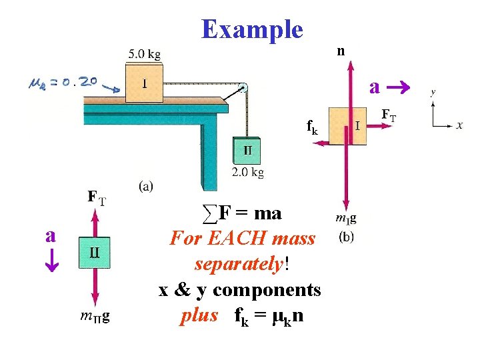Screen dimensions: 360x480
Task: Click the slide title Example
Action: [x=252, y=29]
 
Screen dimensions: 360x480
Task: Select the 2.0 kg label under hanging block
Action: [x=248, y=173]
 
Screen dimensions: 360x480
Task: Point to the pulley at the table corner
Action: [x=243, y=87]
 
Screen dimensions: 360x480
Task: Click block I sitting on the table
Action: [x=144, y=83]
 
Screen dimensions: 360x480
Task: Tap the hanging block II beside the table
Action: [x=247, y=151]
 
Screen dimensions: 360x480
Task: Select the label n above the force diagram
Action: [x=341, y=51]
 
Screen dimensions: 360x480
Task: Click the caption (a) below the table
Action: [x=146, y=186]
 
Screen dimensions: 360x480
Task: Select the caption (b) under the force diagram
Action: [x=347, y=235]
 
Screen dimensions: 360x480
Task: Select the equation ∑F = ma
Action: [x=242, y=214]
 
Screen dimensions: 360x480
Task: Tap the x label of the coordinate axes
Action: [x=460, y=125]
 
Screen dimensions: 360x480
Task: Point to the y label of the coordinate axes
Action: [x=433, y=93]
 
